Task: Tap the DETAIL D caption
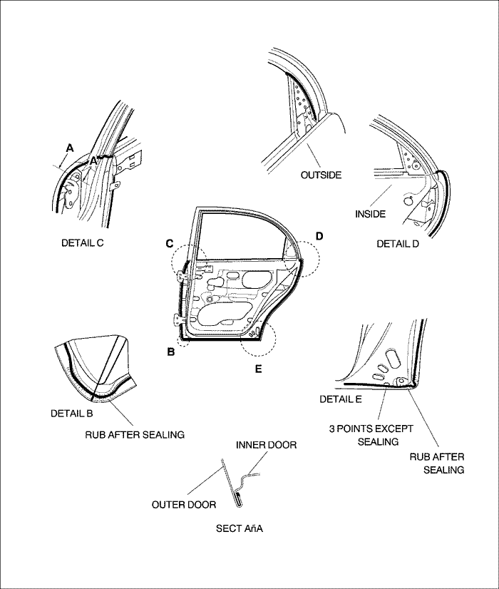[x=397, y=244]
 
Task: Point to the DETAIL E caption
[x=341, y=399]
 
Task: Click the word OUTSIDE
[x=320, y=175]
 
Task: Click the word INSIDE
[x=370, y=213]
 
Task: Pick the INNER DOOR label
[x=266, y=445]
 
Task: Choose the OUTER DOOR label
[x=184, y=505]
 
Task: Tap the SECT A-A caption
[x=240, y=528]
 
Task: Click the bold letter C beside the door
[x=170, y=244]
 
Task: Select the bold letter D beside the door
[x=319, y=235]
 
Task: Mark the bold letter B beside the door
[x=171, y=351]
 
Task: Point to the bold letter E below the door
[x=259, y=369]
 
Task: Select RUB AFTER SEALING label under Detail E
[x=439, y=463]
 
